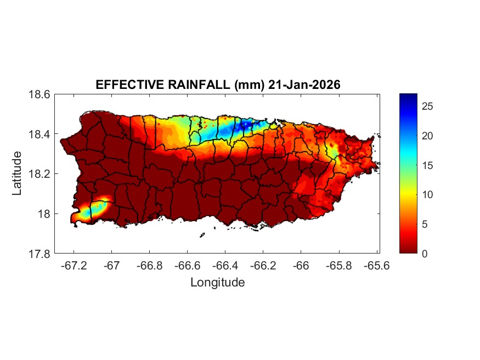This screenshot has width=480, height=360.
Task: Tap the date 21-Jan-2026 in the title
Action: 304,85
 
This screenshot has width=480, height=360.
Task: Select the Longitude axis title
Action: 217,283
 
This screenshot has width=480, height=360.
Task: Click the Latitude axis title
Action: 18,174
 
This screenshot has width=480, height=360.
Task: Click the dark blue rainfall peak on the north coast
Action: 244,125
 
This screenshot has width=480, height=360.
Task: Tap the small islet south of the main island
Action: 202,235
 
